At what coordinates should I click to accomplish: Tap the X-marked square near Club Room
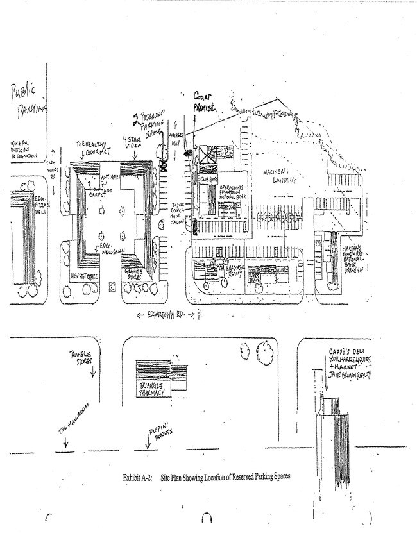point(207,155)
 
